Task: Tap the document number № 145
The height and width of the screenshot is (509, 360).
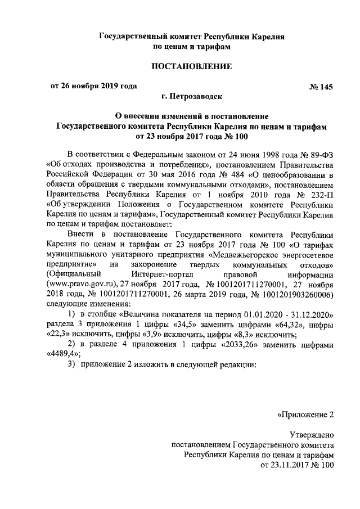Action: [x=322, y=87]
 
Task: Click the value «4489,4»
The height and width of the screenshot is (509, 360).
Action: [x=62, y=356]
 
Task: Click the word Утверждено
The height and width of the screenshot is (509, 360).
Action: [x=312, y=435]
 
